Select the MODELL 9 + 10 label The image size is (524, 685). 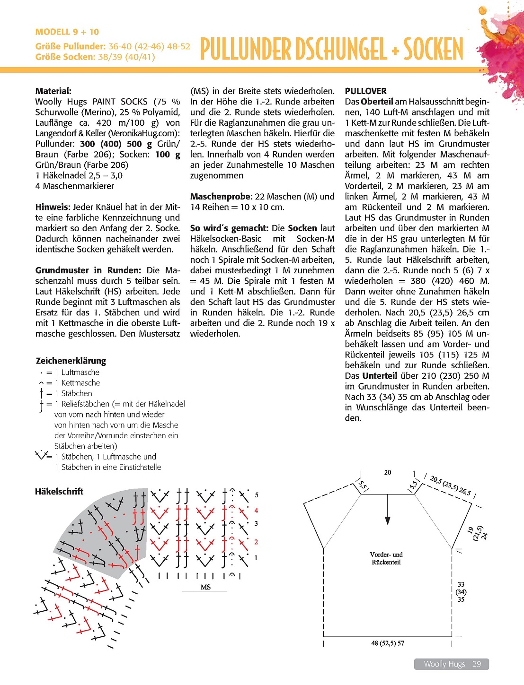tap(67, 32)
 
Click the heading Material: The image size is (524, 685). tap(53, 91)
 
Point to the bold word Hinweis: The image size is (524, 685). tap(53, 207)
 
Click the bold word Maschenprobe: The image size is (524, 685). tap(221, 196)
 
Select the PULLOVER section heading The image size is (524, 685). tap(365, 91)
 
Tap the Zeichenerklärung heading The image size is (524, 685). tap(71, 361)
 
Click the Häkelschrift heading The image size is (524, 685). tap(59, 491)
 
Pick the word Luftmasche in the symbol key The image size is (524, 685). tap(80, 373)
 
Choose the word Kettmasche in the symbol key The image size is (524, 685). tap(81, 383)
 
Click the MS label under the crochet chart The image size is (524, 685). tap(205, 587)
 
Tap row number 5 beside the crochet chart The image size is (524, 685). tap(257, 495)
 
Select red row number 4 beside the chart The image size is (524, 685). tap(256, 511)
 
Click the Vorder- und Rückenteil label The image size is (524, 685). tap(386, 558)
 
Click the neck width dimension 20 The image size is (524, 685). tap(388, 472)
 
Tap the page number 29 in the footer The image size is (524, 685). tap(477, 664)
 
